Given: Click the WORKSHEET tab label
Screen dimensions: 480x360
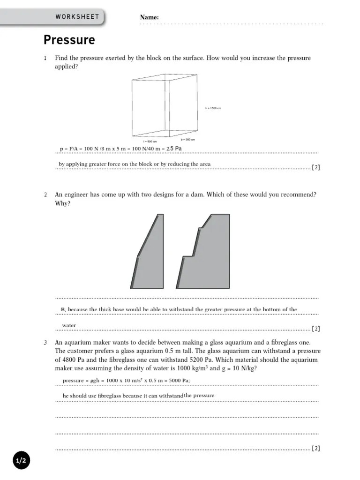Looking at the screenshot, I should pyautogui.click(x=77, y=17).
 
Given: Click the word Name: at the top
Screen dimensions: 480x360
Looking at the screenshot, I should pyautogui.click(x=149, y=18).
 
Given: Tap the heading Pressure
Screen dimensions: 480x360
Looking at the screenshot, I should pyautogui.click(x=69, y=40).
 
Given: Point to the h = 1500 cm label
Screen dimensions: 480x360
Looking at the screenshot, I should pyautogui.click(x=213, y=108).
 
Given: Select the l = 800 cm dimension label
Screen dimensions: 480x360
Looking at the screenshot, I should pyautogui.click(x=150, y=141).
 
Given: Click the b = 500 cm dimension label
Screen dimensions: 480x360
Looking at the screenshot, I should pyautogui.click(x=187, y=139).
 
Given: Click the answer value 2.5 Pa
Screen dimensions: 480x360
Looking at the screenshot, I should pyautogui.click(x=174, y=149).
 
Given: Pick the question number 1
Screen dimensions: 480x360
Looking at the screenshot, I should pyautogui.click(x=45, y=59).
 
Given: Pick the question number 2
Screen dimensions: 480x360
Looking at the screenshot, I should pyautogui.click(x=45, y=195).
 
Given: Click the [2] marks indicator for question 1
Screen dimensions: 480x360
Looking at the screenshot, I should pyautogui.click(x=316, y=167).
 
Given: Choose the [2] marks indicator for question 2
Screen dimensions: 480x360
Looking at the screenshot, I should pyautogui.click(x=316, y=329).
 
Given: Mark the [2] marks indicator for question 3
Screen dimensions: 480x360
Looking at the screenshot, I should pyautogui.click(x=316, y=449).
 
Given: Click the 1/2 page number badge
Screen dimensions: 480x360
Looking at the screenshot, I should pyautogui.click(x=22, y=461).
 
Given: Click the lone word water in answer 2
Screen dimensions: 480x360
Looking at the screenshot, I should pyautogui.click(x=69, y=325).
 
